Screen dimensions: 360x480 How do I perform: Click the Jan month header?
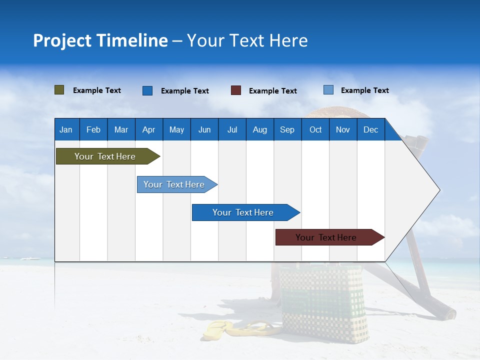tap(66, 129)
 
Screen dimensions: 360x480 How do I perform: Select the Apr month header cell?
tap(149, 129)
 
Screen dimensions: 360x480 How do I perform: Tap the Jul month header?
tap(232, 129)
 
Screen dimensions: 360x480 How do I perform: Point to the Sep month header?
tap(287, 129)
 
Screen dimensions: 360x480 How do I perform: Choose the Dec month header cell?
tap(370, 129)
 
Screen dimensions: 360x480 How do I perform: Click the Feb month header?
tap(93, 129)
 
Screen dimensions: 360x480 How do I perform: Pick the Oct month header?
tap(315, 129)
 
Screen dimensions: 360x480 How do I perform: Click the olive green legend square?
tap(59, 90)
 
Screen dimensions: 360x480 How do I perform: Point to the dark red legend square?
tap(236, 90)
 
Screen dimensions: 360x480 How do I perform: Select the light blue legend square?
tap(328, 90)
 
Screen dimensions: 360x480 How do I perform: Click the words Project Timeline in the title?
tap(100, 40)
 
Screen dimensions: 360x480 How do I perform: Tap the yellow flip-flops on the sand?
tap(235, 328)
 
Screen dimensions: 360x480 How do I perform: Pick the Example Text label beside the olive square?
tap(97, 90)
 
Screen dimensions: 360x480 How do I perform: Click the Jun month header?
tap(204, 129)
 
